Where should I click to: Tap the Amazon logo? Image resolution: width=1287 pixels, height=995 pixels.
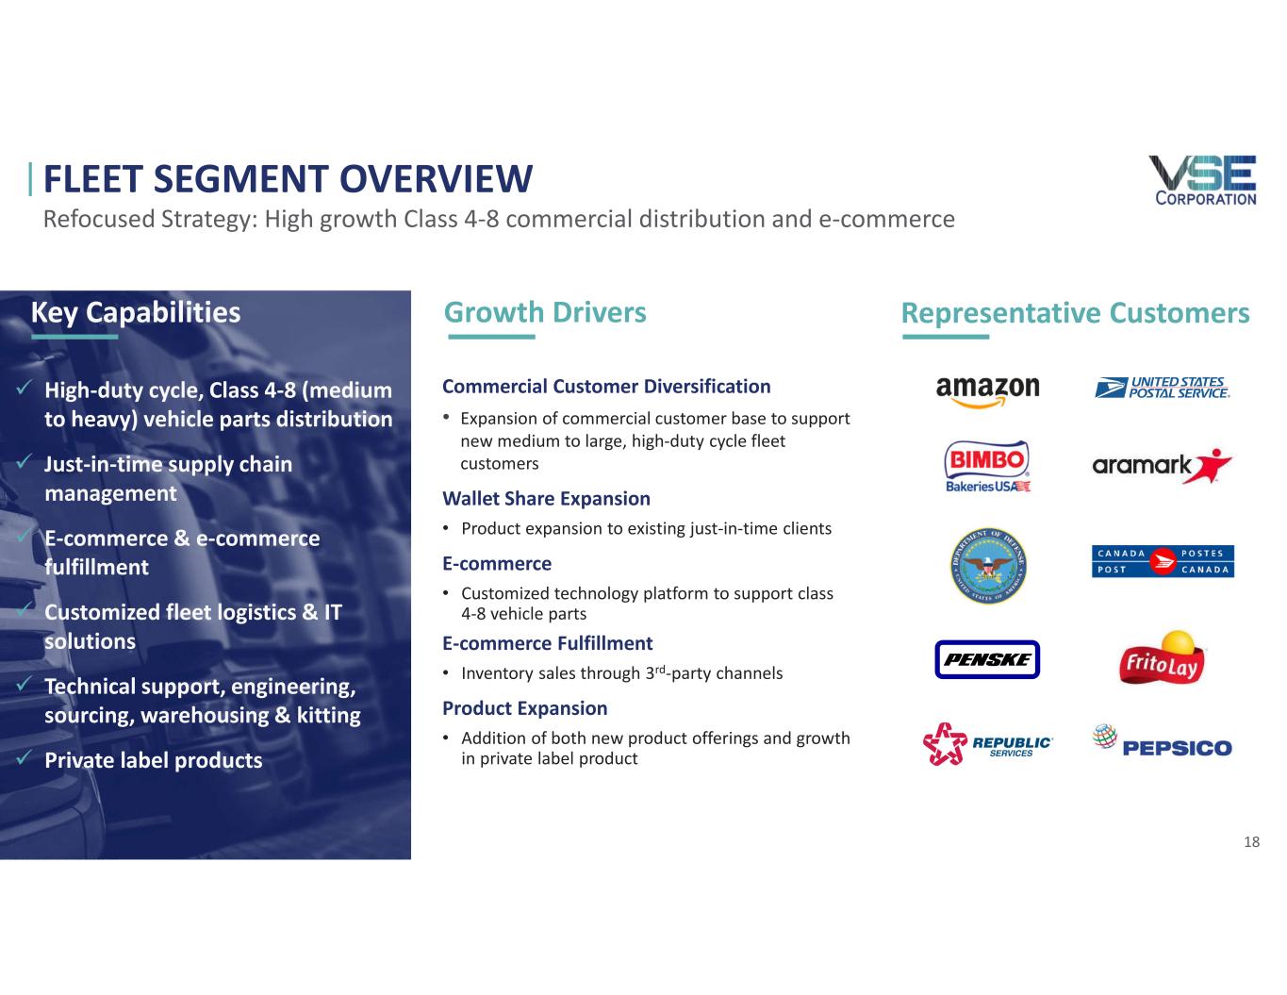click(x=987, y=391)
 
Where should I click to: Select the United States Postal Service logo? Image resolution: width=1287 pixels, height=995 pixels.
click(x=1162, y=388)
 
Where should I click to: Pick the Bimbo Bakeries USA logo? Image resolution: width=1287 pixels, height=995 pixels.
click(x=987, y=466)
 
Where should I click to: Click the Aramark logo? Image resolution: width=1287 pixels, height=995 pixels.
click(x=1162, y=466)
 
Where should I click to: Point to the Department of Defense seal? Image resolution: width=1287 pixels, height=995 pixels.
click(x=988, y=566)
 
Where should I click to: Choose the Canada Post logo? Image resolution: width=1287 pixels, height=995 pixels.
click(x=1163, y=561)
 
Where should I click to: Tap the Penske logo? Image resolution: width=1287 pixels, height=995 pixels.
click(x=987, y=659)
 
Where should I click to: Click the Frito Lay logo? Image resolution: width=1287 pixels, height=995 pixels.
click(x=1162, y=658)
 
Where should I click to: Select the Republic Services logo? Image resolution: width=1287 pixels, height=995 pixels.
click(x=987, y=744)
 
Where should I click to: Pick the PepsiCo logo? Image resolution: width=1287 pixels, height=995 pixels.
click(x=1162, y=742)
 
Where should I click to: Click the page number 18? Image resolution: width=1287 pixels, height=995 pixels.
click(x=1251, y=841)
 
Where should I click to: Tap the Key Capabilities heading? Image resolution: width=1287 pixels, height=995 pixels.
click(x=136, y=313)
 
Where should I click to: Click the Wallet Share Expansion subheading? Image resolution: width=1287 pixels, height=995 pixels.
click(x=546, y=499)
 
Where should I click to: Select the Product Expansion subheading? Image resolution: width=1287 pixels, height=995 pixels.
click(x=525, y=708)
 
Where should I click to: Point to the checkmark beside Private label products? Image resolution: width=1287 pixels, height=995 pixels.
click(x=24, y=757)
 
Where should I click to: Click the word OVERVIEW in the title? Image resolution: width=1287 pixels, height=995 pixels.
click(x=436, y=179)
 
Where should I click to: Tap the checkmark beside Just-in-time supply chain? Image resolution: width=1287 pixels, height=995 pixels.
click(x=24, y=461)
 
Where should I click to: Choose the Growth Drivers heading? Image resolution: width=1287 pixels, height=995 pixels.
click(x=545, y=313)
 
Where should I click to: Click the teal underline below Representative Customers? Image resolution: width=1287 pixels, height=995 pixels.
click(x=946, y=337)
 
